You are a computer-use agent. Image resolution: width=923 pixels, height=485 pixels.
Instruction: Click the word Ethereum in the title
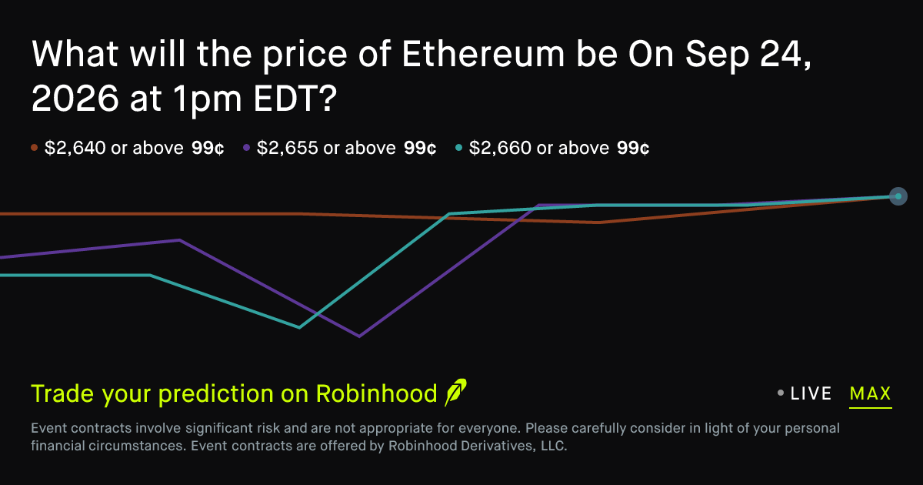point(483,54)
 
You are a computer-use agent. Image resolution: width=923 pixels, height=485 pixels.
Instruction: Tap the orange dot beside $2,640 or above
point(34,148)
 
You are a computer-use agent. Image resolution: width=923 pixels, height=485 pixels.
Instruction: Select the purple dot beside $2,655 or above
point(246,148)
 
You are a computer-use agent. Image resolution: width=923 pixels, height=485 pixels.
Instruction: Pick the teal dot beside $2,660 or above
point(458,148)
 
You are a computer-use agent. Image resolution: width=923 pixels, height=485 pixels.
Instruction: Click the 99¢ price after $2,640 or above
point(208,148)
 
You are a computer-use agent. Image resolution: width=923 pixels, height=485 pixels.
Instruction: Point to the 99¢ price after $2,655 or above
point(420,148)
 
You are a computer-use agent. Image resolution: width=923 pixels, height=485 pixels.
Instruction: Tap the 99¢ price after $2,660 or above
point(633,148)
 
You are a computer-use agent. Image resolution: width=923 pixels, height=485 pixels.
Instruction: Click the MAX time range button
point(870,393)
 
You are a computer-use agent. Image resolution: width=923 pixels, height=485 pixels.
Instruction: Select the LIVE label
point(811,393)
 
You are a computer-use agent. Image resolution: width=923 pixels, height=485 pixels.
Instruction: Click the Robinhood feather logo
point(455,392)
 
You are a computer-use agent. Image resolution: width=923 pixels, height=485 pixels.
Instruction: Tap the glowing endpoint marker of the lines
point(898,196)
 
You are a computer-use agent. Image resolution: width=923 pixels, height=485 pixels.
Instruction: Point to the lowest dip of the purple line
point(359,336)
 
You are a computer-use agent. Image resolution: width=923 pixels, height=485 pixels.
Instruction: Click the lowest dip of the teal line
point(299,327)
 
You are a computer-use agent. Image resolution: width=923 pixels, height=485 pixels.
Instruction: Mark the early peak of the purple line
point(180,240)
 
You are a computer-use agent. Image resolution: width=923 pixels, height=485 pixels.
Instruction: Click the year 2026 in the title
point(75,99)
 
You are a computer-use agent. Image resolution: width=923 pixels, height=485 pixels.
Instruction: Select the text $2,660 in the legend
point(500,148)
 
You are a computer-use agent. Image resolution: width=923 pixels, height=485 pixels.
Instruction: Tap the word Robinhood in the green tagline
point(376,393)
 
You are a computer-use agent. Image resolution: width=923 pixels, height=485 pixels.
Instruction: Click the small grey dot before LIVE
point(781,393)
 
